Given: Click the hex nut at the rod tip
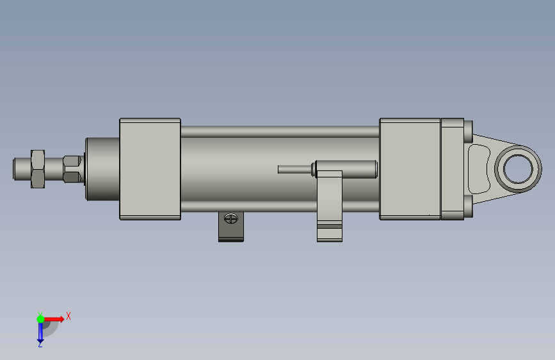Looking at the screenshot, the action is pos(38,169).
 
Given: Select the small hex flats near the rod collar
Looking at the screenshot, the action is pos(72,169).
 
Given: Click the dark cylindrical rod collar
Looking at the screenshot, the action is pos(102,169).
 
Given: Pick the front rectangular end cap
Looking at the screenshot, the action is pos(150,169).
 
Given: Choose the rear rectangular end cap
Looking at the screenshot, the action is pos(410,169).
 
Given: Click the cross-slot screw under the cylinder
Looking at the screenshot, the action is pos(231,218).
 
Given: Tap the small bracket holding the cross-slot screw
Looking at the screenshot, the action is pos(231,227).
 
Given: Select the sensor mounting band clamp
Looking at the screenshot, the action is pos(330,206).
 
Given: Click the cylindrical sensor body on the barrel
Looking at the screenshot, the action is pos(345,169).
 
